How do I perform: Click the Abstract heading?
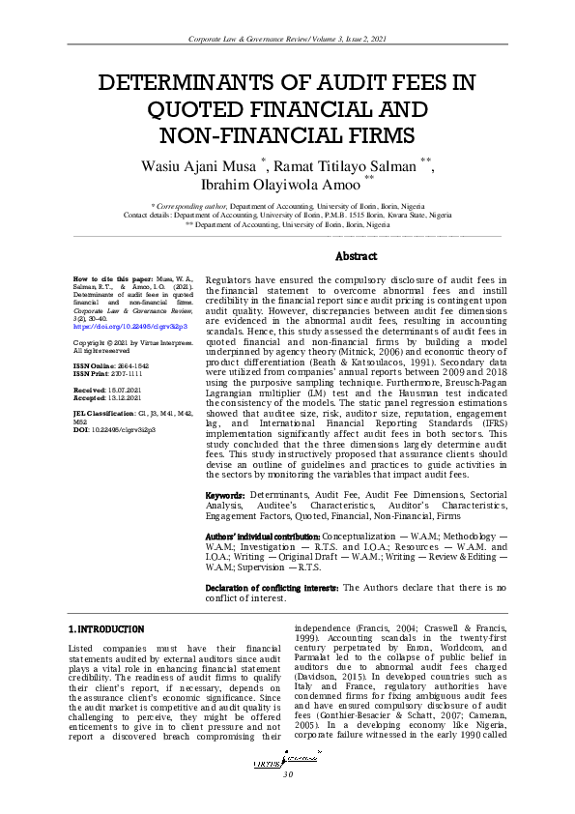[356, 257]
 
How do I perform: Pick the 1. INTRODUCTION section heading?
[105, 629]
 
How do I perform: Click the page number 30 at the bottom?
[287, 776]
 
